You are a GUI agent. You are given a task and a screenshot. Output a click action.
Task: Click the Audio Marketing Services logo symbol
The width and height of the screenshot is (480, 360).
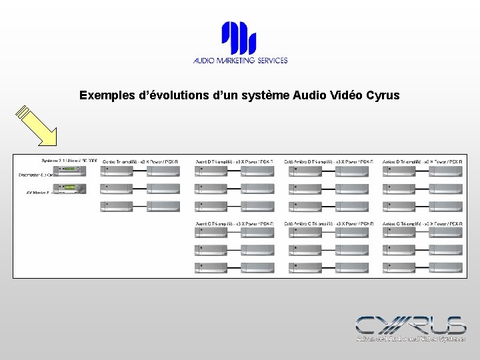click(x=239, y=38)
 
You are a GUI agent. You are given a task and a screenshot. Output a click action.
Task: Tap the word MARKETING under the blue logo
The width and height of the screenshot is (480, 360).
click(x=241, y=60)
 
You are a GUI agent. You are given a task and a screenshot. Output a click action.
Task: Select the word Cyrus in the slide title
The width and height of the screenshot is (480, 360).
click(x=383, y=95)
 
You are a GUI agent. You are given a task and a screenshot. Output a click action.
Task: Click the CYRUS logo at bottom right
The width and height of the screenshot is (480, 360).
click(x=411, y=325)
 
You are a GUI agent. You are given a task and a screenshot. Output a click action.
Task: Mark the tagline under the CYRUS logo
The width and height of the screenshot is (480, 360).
click(x=411, y=339)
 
